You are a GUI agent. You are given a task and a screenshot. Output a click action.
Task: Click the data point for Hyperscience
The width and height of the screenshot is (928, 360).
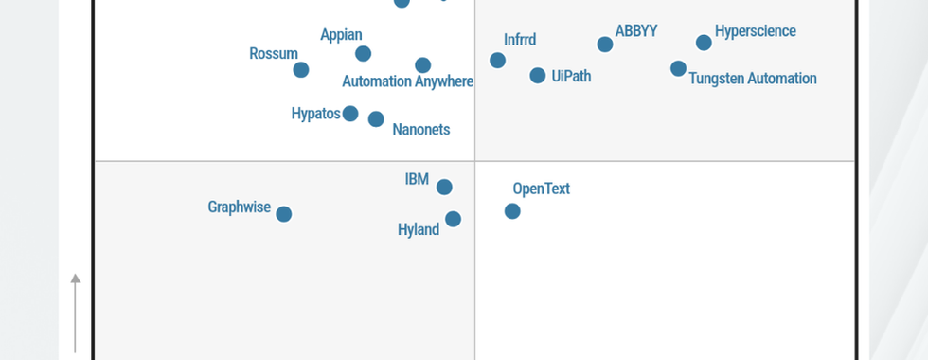point(704,43)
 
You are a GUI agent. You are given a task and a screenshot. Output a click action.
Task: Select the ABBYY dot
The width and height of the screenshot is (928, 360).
point(605,45)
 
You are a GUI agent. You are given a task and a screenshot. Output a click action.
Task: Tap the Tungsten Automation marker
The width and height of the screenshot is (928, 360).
point(678,68)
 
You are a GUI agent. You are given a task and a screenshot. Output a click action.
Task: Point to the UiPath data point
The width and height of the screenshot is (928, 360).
point(538,76)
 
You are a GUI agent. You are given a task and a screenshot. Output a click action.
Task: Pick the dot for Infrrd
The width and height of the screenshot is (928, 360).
point(497,61)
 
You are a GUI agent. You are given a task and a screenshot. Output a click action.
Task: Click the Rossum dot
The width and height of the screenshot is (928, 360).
point(301,69)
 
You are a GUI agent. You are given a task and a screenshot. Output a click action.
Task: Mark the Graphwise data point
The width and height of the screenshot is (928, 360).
point(283,214)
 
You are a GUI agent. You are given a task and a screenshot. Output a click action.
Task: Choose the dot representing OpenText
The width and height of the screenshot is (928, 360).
point(512,211)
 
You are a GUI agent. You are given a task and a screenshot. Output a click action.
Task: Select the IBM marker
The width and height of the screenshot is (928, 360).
point(444,188)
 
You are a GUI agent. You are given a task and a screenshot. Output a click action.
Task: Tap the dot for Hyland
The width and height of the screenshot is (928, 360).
point(453,219)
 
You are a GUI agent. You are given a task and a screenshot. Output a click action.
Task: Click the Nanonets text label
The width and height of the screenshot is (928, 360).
point(420,130)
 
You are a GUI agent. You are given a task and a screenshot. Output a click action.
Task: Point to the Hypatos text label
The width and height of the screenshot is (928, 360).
point(315,114)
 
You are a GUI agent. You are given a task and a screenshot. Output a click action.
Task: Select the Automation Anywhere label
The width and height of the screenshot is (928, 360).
point(407,81)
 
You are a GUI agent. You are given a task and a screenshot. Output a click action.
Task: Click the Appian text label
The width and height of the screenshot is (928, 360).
point(341,36)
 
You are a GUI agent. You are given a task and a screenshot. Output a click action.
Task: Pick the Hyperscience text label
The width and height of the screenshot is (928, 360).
point(755,31)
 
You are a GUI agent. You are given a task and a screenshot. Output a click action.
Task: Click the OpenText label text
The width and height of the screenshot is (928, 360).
point(541,189)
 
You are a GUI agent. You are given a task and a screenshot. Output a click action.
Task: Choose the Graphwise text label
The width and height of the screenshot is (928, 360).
point(239,207)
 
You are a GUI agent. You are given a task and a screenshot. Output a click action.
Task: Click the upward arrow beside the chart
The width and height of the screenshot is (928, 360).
point(76,280)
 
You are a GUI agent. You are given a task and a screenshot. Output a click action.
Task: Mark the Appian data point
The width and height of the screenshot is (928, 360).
point(363,54)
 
